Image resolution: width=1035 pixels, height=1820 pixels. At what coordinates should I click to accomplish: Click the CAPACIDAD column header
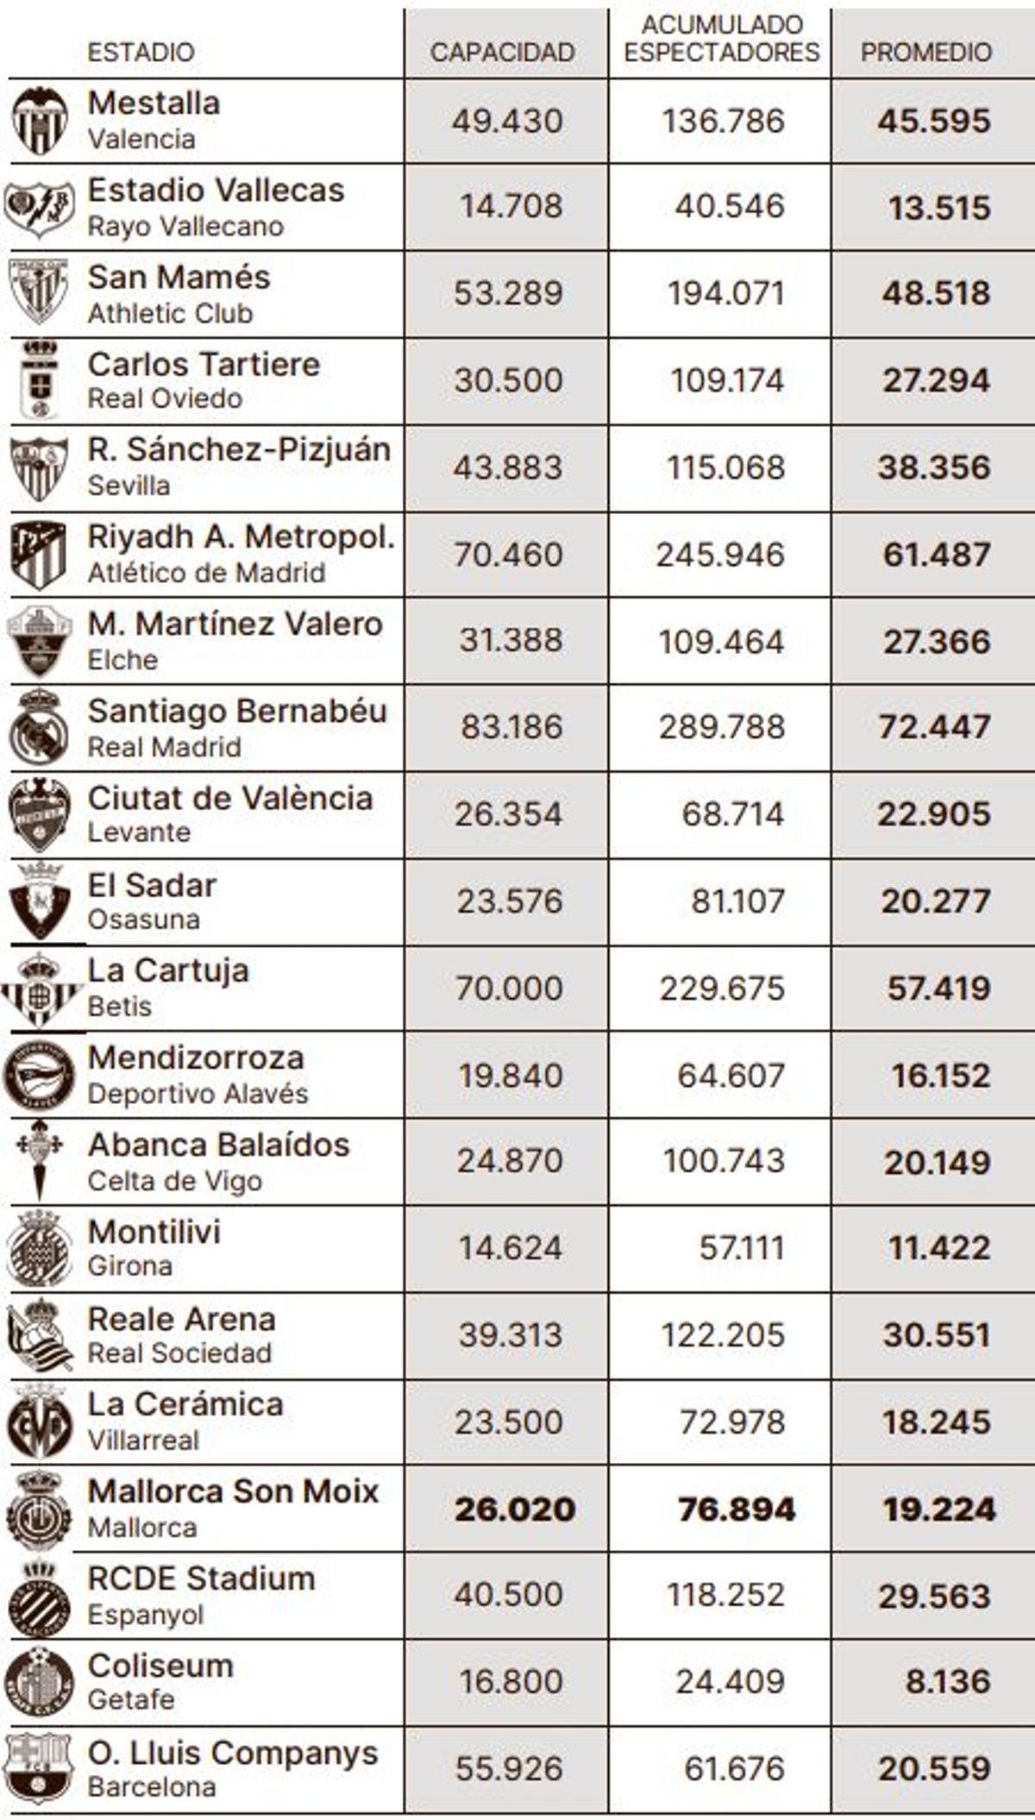[502, 53]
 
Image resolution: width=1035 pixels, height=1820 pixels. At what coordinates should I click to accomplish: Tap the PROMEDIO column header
[925, 53]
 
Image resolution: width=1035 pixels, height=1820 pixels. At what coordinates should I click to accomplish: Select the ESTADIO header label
[141, 53]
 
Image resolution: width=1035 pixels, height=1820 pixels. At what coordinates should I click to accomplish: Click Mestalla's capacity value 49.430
[507, 121]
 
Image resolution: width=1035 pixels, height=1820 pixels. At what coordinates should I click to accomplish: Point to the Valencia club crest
[40, 121]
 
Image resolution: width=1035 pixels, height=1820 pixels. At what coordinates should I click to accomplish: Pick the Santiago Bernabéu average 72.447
[934, 727]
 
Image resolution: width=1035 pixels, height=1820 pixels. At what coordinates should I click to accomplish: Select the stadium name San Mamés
[179, 278]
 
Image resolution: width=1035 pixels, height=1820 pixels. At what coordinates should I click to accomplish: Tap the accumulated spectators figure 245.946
[720, 555]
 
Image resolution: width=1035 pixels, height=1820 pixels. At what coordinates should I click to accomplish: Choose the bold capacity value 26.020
[515, 1509]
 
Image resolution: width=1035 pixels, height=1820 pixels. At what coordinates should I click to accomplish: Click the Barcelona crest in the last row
[38, 1768]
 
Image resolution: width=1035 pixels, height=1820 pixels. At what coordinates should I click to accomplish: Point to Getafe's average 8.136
[947, 1681]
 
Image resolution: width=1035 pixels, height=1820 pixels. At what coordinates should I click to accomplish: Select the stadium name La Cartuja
[168, 971]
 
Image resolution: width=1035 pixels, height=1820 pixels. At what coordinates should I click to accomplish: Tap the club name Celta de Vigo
[175, 1181]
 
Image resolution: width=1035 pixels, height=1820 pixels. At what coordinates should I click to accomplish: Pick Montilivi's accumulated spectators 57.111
[742, 1248]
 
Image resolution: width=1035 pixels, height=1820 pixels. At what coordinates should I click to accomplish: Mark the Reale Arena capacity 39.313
[511, 1335]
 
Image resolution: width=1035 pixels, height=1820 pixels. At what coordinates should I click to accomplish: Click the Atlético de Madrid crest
[39, 555]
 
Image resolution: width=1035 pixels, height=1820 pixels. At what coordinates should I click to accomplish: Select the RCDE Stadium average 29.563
[934, 1597]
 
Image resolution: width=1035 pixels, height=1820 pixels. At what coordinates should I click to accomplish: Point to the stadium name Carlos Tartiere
[204, 365]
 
